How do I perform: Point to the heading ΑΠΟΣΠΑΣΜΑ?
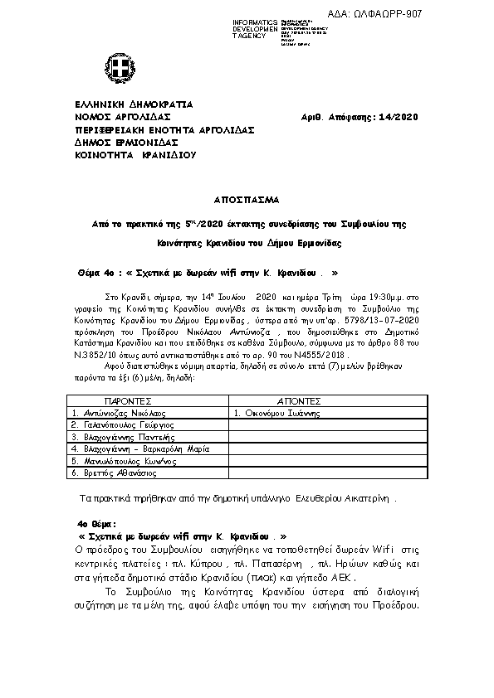(x=247, y=200)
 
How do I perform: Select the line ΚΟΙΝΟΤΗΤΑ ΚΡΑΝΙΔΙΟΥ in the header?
(x=135, y=154)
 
